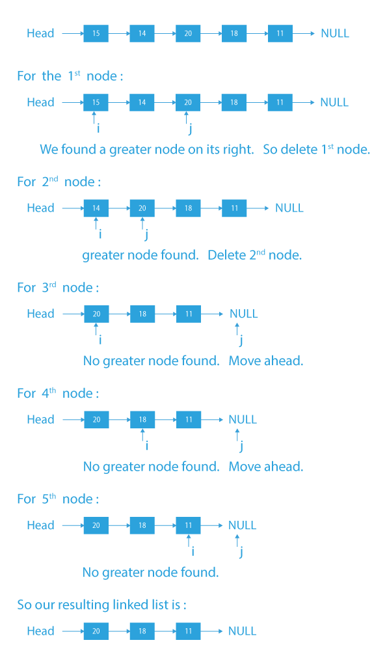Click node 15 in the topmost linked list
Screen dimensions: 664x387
tap(96, 33)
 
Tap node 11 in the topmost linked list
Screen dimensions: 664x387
tap(280, 33)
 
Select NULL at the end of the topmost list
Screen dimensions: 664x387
tap(335, 33)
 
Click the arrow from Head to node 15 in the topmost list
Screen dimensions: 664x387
tap(72, 33)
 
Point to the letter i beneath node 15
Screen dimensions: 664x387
tap(98, 129)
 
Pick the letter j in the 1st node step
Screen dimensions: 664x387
tap(189, 130)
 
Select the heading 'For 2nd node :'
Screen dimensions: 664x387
tap(59, 182)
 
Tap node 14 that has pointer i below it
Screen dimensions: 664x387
tap(96, 208)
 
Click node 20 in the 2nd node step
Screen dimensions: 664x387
tap(142, 208)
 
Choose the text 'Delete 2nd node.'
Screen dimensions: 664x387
tap(254, 255)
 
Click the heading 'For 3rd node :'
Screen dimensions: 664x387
tap(58, 288)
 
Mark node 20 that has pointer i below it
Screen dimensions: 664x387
tap(96, 314)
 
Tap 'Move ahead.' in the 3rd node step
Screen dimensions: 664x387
tap(265, 361)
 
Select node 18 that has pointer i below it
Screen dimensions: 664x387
tap(142, 420)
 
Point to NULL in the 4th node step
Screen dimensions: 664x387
tap(243, 420)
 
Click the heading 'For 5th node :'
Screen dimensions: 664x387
tap(58, 499)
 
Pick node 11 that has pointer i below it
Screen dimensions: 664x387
tap(188, 525)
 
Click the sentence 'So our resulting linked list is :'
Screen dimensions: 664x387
tap(101, 605)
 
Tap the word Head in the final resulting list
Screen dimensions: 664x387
tap(40, 631)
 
